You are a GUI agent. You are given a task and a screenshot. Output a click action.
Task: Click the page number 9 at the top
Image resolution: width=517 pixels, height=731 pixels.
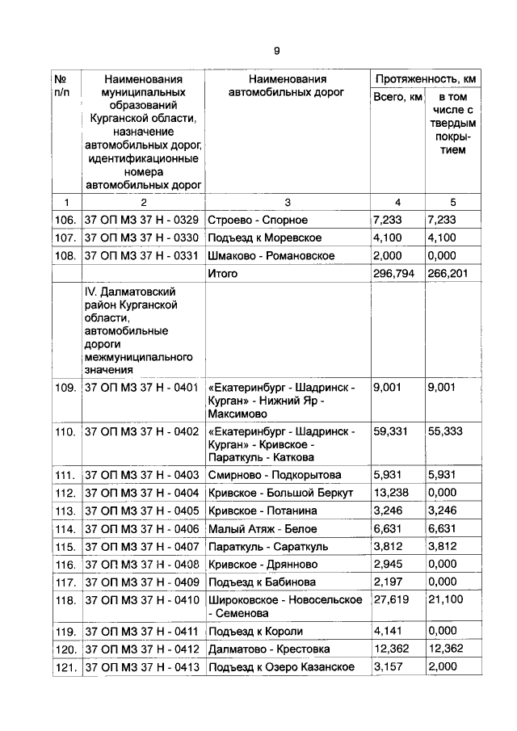pos(276,51)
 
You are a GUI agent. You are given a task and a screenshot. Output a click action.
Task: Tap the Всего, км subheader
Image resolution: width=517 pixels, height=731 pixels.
pos(397,98)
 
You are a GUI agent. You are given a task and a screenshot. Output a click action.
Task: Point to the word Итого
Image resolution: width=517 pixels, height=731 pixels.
pos(223,274)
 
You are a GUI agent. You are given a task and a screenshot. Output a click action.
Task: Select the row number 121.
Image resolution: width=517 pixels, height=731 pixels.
pos(65,667)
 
